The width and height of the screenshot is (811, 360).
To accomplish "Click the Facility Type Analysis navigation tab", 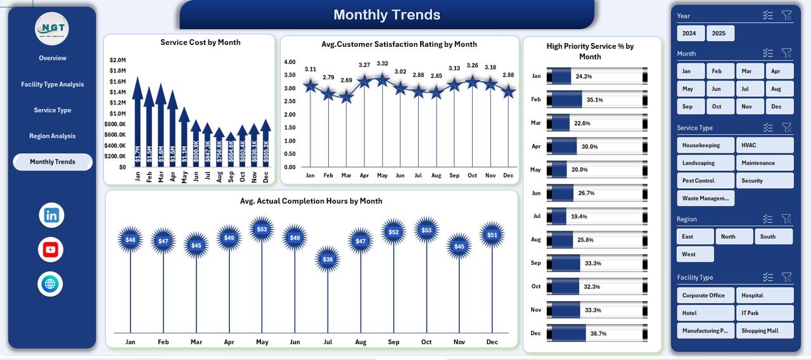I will [x=52, y=84].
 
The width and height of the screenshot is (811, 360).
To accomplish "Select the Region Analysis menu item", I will [x=52, y=136].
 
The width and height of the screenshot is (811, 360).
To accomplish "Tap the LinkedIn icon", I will [x=51, y=215].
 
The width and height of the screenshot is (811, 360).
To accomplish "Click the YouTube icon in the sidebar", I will [x=51, y=250].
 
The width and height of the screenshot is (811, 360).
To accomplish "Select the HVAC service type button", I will [x=764, y=145].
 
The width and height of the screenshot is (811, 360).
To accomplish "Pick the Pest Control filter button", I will [x=705, y=181].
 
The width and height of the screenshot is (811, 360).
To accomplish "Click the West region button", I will [x=694, y=254].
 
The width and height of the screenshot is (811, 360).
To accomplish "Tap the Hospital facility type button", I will [x=764, y=295].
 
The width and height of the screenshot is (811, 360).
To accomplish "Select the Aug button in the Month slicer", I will [x=779, y=89].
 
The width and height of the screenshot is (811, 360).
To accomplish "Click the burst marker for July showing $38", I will [x=328, y=259].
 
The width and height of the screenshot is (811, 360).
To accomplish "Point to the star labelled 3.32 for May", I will [x=382, y=80].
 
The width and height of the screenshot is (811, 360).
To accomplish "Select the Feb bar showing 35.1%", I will [x=564, y=100].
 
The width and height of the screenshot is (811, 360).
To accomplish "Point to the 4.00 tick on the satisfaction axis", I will [x=290, y=62].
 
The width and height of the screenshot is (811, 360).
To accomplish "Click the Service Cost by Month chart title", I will [x=200, y=42].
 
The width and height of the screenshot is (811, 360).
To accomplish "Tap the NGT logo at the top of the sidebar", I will [x=51, y=29].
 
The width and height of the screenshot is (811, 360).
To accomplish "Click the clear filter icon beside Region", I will [x=786, y=219].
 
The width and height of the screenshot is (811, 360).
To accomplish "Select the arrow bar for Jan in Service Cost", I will [x=137, y=127].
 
